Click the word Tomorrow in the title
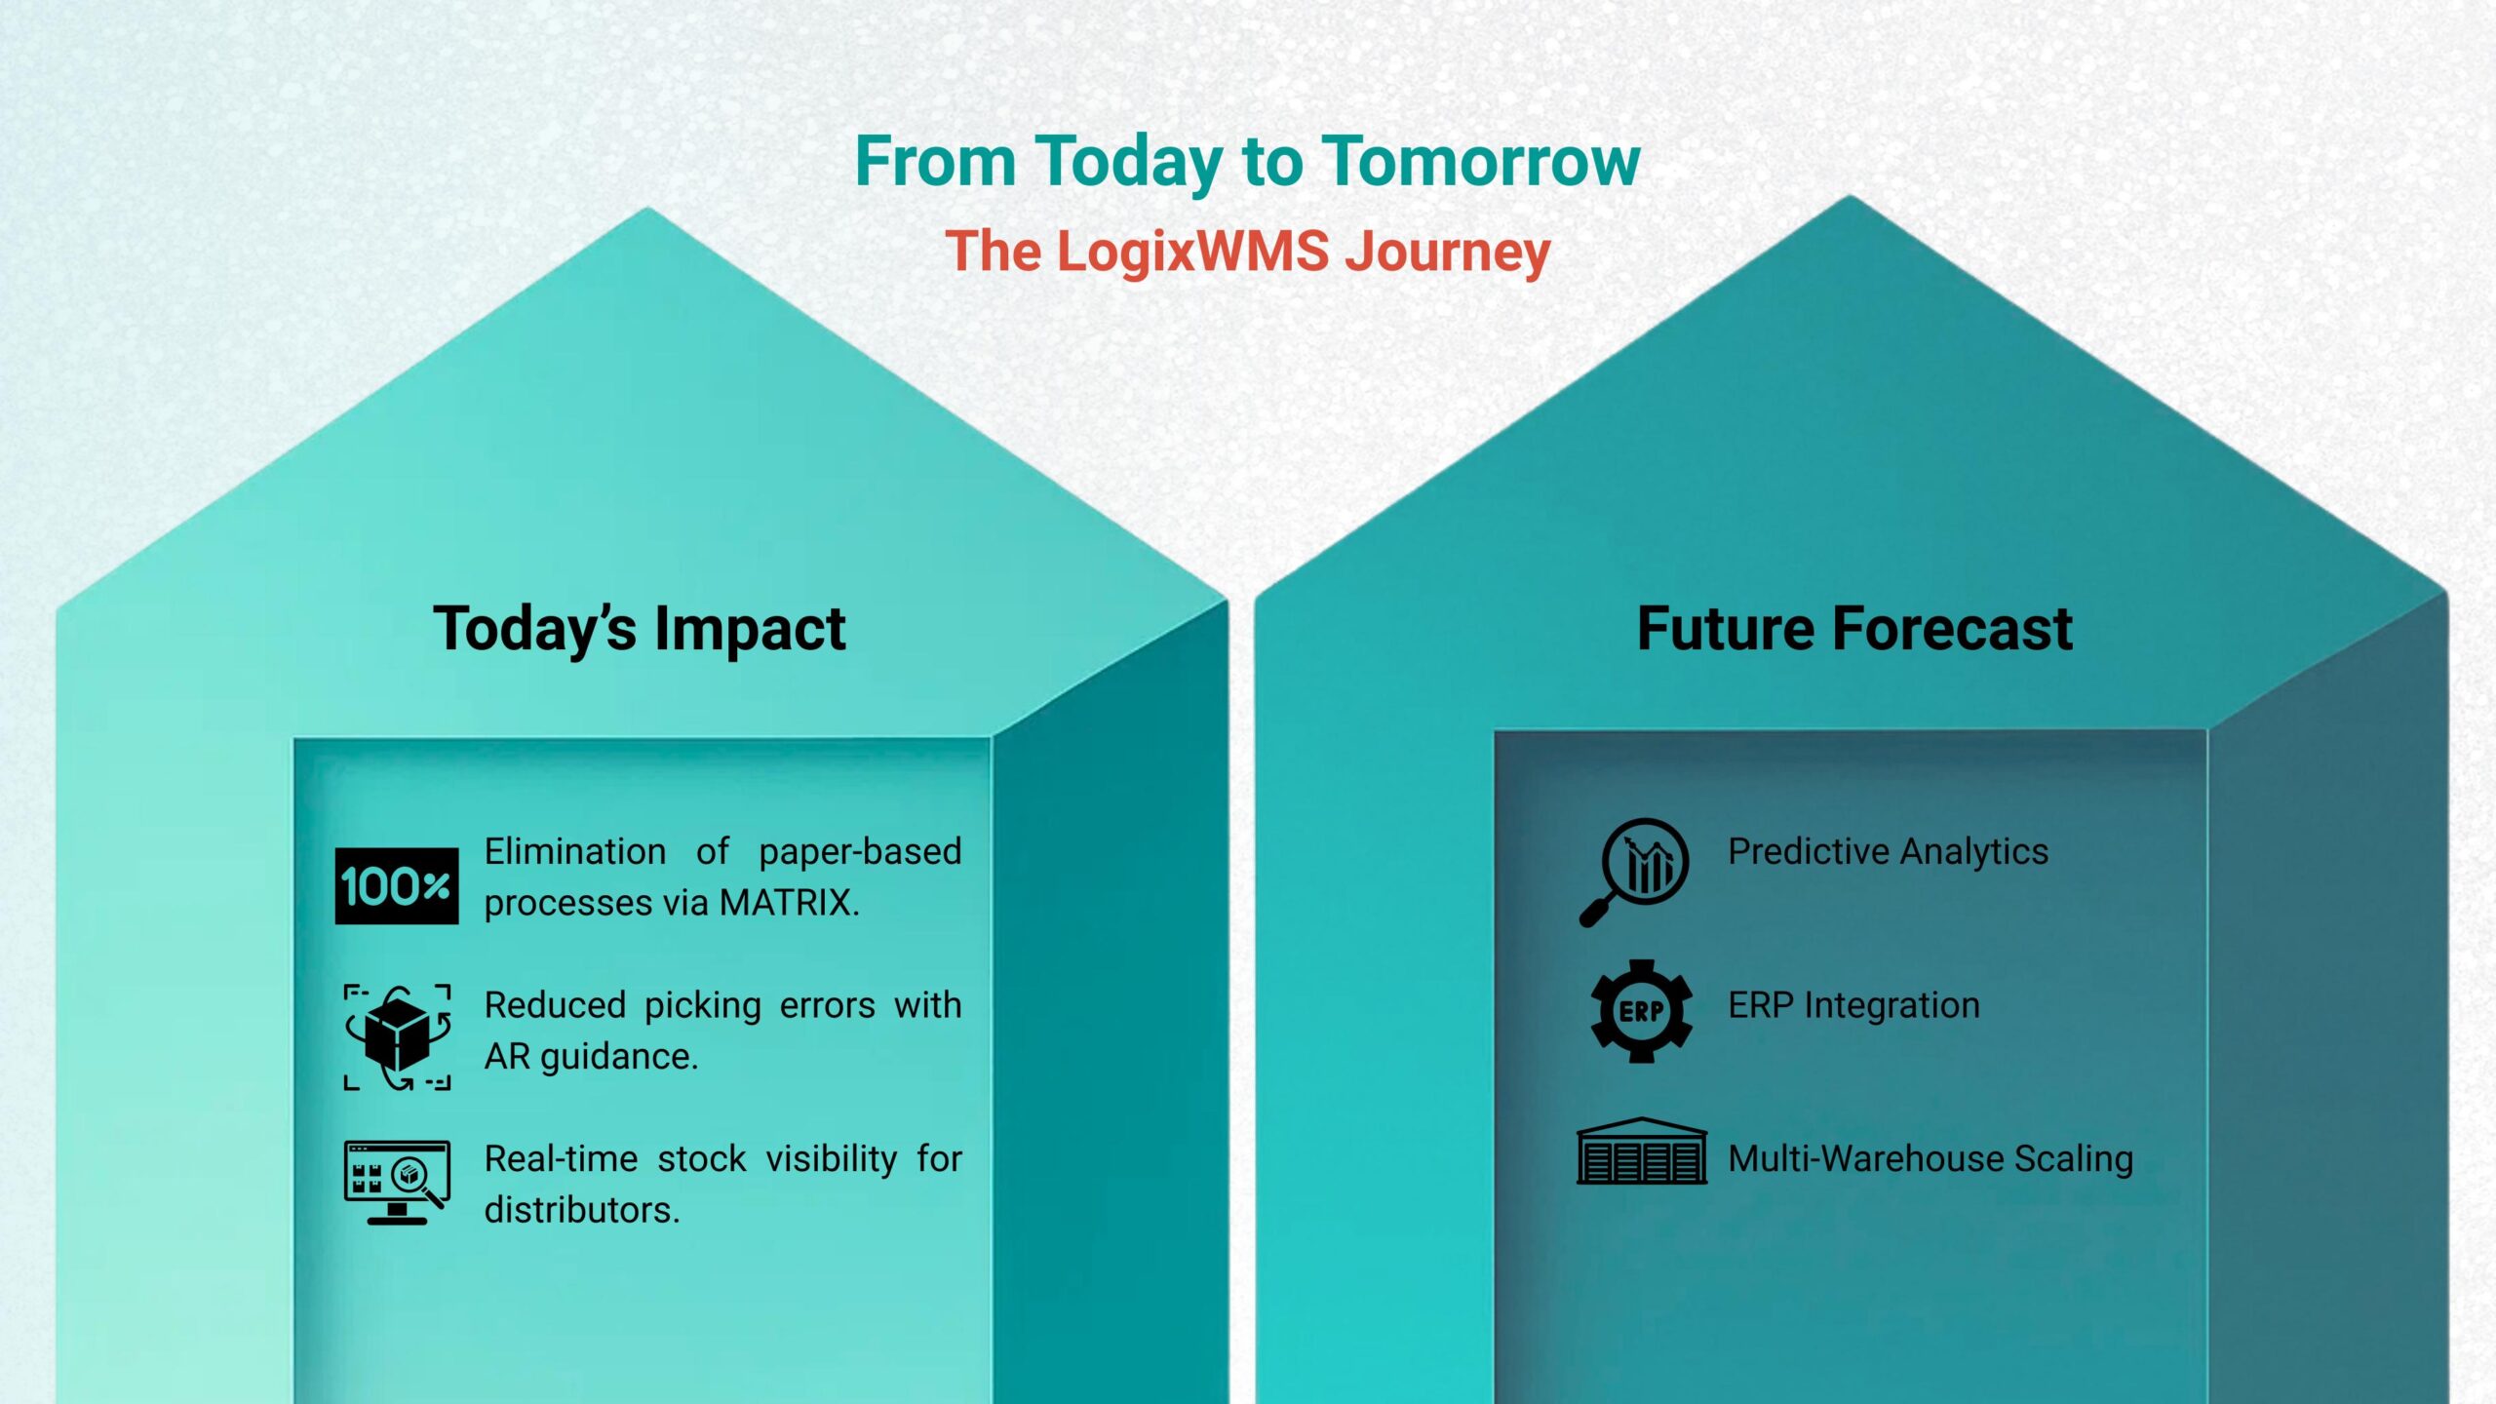coord(1481,161)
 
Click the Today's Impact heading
coord(640,629)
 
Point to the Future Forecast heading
coord(1854,628)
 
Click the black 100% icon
coord(397,886)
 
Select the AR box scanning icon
coord(397,1037)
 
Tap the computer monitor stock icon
coord(397,1182)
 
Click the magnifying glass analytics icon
coord(1635,872)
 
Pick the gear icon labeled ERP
coord(1641,1011)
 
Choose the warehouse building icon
coord(1642,1151)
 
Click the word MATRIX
coord(789,903)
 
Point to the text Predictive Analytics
coord(1888,852)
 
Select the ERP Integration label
coord(1853,1005)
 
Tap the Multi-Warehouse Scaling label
coord(1930,1159)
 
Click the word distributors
coord(582,1210)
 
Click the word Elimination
coord(575,851)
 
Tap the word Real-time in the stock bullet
coord(561,1158)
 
